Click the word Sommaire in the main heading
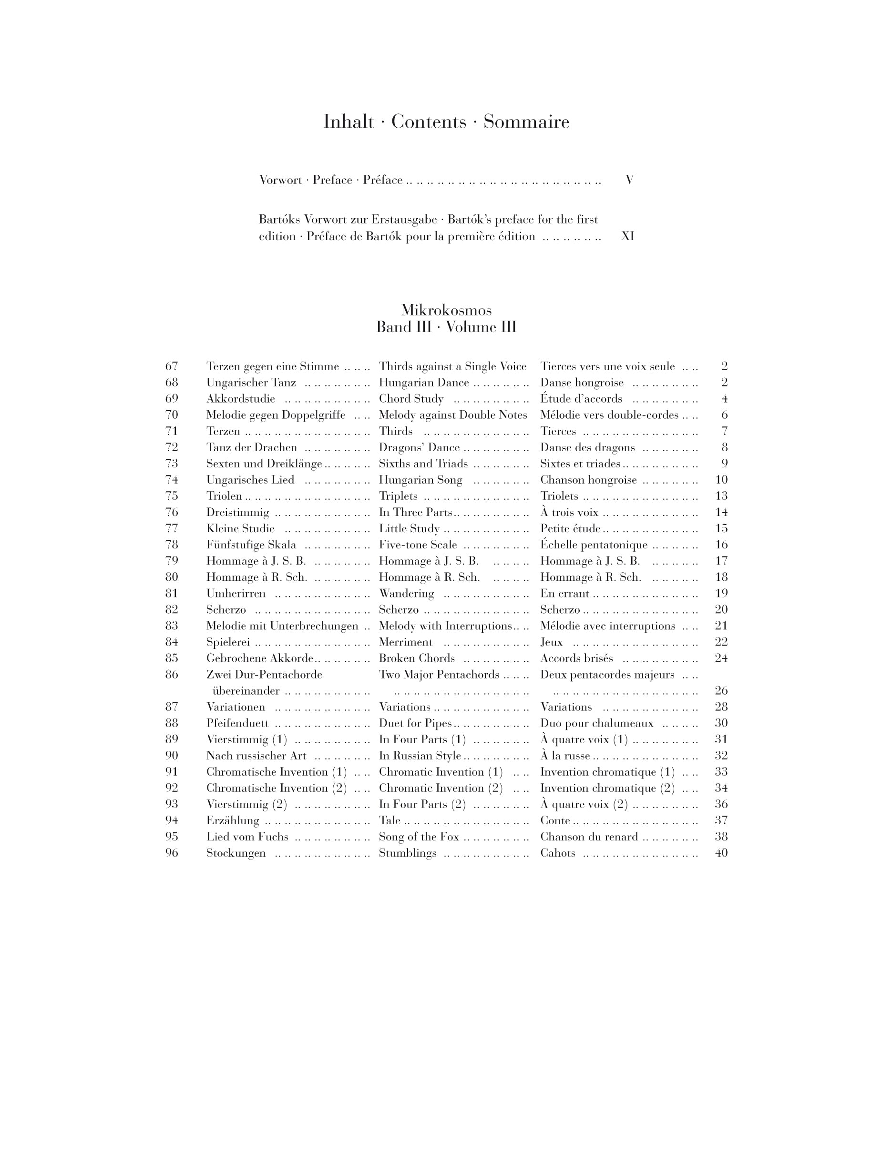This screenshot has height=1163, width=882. click(x=526, y=122)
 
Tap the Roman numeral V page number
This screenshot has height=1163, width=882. click(x=629, y=180)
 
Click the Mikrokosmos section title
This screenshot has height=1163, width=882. click(x=446, y=310)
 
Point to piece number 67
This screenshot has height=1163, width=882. click(x=172, y=366)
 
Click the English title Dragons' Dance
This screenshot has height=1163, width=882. click(x=419, y=447)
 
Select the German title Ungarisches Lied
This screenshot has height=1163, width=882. click(x=250, y=480)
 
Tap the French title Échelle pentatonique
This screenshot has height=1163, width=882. click(x=594, y=545)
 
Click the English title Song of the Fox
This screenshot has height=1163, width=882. click(x=419, y=837)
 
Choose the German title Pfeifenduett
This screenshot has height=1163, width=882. click(x=237, y=723)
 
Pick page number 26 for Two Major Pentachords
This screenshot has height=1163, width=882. click(x=721, y=690)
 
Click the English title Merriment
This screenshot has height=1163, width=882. click(x=406, y=642)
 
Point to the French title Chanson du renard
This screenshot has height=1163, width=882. click(x=589, y=837)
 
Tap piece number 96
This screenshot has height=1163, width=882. click(x=172, y=853)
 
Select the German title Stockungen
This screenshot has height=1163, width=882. click(x=236, y=853)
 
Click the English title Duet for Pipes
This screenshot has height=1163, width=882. click(x=415, y=723)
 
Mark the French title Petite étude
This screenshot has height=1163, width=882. click(x=570, y=528)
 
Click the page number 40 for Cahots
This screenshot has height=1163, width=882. click(x=721, y=853)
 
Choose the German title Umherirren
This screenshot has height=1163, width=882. click(x=236, y=594)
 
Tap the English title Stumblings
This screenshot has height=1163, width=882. click(x=407, y=853)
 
